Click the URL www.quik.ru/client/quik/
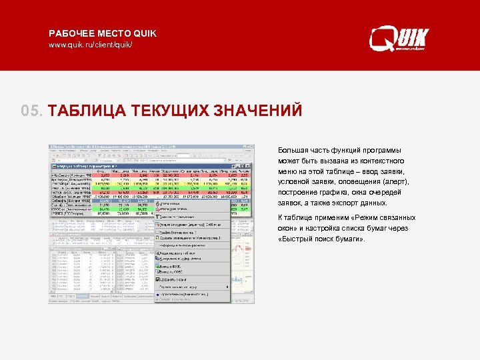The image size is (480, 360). [90, 45]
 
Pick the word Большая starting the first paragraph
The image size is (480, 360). [293, 150]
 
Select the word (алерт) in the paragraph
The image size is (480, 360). [395, 182]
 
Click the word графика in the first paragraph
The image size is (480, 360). [328, 193]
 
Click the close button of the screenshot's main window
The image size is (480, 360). [251, 147]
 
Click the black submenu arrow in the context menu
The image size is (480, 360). [227, 287]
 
